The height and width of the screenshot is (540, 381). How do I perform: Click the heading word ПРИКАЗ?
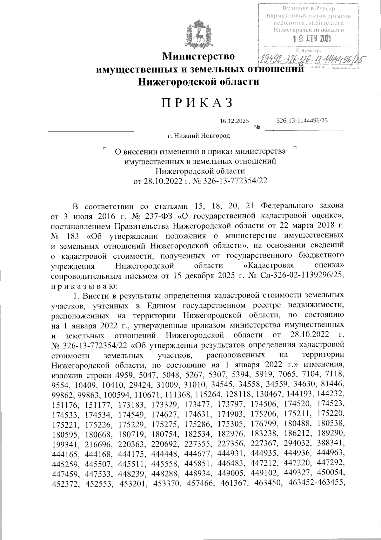[x=198, y=103]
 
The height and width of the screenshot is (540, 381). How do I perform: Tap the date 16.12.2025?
[x=234, y=121]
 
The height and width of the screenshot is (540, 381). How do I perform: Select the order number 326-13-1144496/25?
[x=302, y=121]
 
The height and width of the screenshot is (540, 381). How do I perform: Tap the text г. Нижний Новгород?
[x=199, y=136]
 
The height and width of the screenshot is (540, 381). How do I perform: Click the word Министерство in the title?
[x=199, y=57]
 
